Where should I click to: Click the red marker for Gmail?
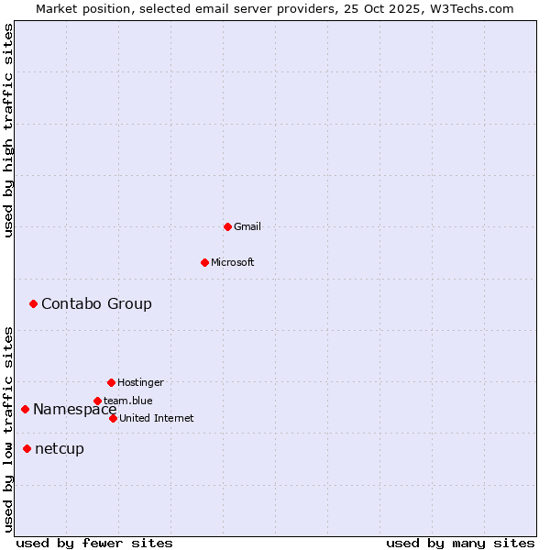(227, 226)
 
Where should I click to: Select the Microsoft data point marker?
(204, 262)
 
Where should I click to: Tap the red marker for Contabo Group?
(33, 303)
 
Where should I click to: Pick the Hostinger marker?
(111, 382)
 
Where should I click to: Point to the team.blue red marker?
(97, 401)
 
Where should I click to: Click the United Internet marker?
(113, 418)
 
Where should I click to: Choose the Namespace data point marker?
(25, 409)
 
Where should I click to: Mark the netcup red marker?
(27, 448)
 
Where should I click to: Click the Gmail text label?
(247, 226)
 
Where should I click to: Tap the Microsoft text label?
(233, 262)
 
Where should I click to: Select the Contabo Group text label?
(96, 303)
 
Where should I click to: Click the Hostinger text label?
(140, 382)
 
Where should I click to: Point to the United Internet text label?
(157, 418)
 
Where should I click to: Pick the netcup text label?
(60, 448)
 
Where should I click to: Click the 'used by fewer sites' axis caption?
(94, 543)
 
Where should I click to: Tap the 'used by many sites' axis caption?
(460, 543)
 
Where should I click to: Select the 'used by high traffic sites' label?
(8, 130)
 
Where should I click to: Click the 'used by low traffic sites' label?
(8, 429)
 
